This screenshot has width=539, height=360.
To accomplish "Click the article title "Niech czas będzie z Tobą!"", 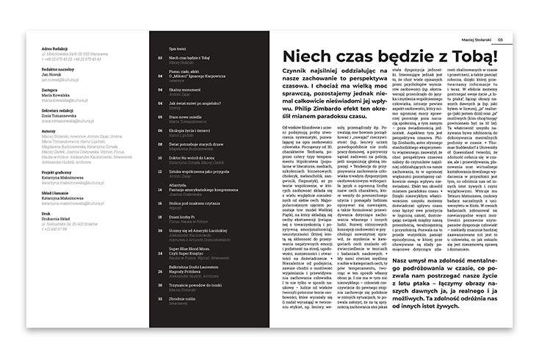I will point(394,60).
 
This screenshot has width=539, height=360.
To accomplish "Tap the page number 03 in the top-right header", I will point(500,40).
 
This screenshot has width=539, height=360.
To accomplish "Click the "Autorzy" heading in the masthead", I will point(50,127).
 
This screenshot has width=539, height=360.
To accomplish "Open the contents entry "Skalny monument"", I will point(185,89).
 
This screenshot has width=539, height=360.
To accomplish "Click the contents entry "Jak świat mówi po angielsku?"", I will point(198,103).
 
